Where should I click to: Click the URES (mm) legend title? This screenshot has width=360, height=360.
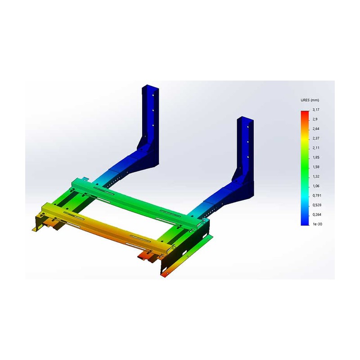tap(310, 100)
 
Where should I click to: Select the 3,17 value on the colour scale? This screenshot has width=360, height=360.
tap(316, 110)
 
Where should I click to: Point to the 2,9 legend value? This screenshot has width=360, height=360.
tap(315, 119)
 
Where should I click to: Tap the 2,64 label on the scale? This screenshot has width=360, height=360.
tap(316, 129)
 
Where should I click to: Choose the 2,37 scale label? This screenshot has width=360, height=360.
tap(316, 138)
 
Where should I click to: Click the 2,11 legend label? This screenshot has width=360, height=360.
tap(316, 148)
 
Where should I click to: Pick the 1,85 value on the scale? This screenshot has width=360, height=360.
tap(316, 157)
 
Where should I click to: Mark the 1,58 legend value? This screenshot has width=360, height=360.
tap(316, 167)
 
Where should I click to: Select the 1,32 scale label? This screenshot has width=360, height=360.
tap(316, 176)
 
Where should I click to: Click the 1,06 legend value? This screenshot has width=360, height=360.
tap(316, 186)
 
